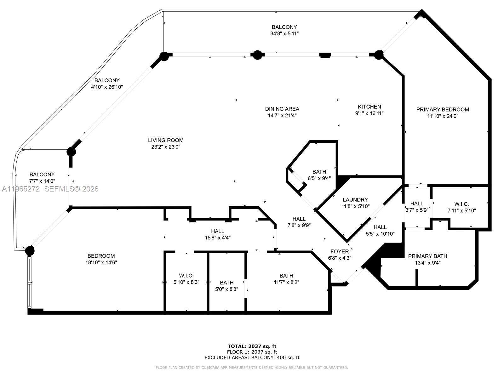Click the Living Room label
(x=166, y=140)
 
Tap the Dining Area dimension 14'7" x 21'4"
(x=282, y=116)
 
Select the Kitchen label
(x=369, y=107)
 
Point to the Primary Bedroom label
(x=443, y=109)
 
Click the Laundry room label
(x=355, y=199)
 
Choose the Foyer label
(x=340, y=251)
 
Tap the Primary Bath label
(x=427, y=256)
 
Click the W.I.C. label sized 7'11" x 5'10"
(x=461, y=204)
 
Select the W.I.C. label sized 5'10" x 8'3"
(x=186, y=276)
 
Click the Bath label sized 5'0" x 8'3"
(x=226, y=283)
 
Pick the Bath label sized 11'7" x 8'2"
(x=286, y=276)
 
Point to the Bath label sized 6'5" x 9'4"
(x=319, y=172)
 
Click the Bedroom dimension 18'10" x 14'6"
(x=101, y=262)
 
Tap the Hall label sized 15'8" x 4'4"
(x=217, y=231)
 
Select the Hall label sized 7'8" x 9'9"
(x=299, y=219)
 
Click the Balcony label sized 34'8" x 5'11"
(x=284, y=27)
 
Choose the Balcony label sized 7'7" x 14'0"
(x=42, y=174)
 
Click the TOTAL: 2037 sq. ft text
(x=252, y=346)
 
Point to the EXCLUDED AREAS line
(x=252, y=358)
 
